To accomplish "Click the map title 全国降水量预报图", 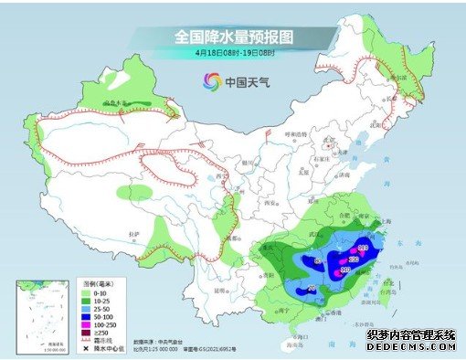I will click(x=232, y=36).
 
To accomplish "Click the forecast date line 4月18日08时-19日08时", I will click(x=232, y=53).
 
